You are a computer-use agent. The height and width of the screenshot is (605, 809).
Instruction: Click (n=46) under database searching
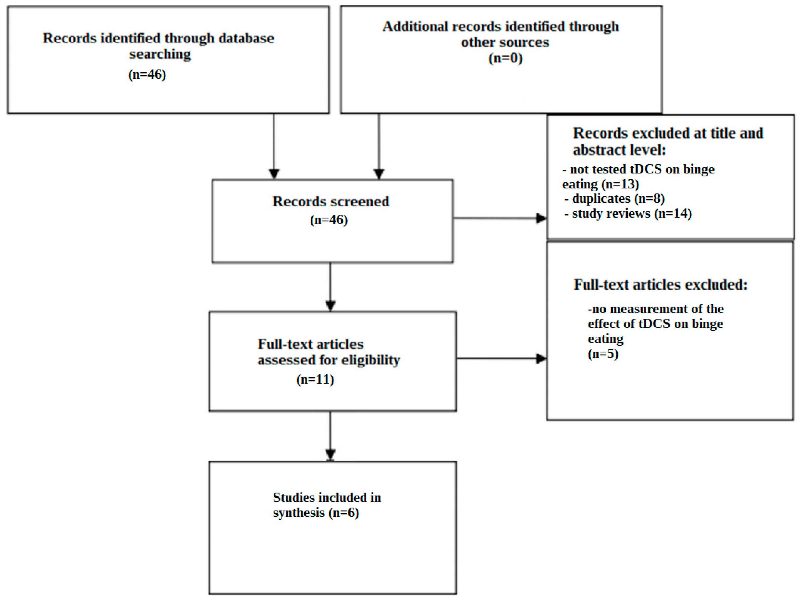tap(147, 75)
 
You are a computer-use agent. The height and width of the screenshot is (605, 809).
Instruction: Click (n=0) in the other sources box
tap(505, 58)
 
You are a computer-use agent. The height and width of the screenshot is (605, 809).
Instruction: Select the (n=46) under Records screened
tap(329, 220)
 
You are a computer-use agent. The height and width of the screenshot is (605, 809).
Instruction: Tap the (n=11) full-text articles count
tap(315, 379)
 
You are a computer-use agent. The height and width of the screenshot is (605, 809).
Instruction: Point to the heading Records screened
tap(331, 202)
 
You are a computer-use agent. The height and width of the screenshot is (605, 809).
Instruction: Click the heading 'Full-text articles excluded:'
tap(660, 284)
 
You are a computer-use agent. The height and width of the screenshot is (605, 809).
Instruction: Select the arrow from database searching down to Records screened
tap(274, 146)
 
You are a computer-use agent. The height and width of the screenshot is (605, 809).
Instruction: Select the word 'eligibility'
tap(370, 360)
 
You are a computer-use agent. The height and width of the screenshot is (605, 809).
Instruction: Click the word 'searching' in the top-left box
tap(160, 54)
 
